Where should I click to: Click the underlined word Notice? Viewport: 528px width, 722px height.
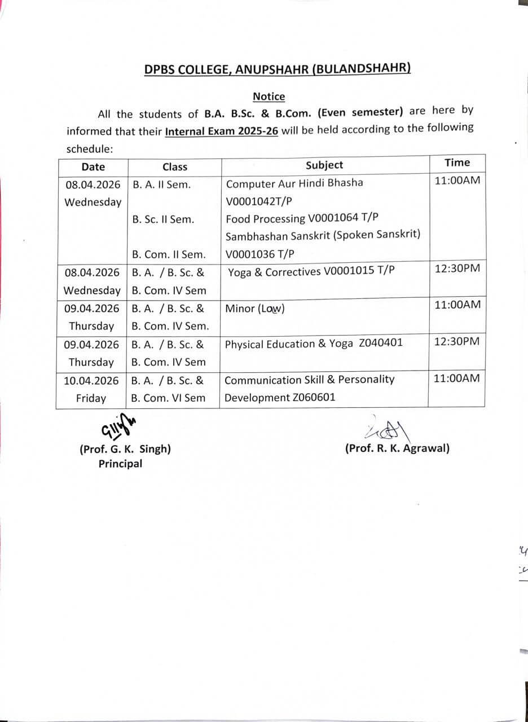(269, 96)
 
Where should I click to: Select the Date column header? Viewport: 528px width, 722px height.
(93, 166)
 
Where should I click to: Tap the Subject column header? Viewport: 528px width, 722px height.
(324, 165)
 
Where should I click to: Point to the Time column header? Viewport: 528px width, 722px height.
(457, 162)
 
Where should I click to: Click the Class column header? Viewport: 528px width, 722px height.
(175, 166)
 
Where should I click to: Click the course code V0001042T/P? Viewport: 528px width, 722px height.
(259, 201)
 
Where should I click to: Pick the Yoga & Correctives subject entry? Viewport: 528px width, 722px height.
(311, 271)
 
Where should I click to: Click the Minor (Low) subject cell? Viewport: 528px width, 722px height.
(255, 309)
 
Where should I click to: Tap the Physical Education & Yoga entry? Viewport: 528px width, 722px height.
(314, 343)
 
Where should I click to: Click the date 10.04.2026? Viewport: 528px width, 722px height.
(91, 380)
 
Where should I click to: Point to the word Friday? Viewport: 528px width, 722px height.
(91, 398)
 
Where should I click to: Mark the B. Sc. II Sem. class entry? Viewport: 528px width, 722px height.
(163, 219)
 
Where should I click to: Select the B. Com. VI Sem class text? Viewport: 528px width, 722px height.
(168, 398)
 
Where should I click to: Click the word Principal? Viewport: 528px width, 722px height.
(120, 464)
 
